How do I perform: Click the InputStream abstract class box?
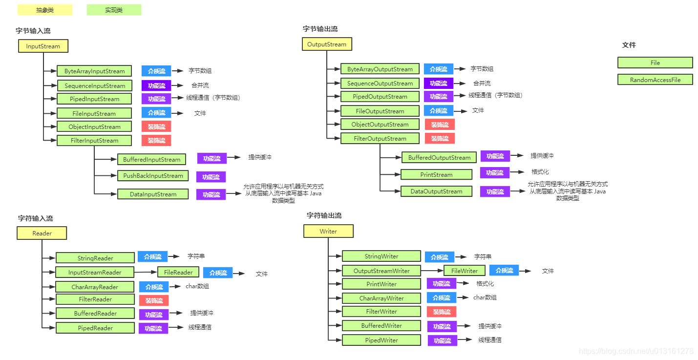pos(43,46)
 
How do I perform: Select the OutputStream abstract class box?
pos(327,44)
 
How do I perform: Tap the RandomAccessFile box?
pos(655,80)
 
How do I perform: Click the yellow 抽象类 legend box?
pos(45,10)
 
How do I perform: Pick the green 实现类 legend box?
pos(114,10)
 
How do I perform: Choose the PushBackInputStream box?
pos(153,176)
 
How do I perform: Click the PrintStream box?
pos(436,175)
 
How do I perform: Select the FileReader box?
pos(178,273)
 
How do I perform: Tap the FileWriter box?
pos(464,271)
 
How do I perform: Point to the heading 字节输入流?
pos(33,31)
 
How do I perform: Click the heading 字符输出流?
pos(324,215)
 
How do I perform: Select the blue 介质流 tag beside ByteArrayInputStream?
pos(156,71)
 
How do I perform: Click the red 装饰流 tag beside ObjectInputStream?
pos(156,127)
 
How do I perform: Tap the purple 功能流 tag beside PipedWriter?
pos(443,341)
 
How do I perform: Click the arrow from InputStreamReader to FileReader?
pos(146,272)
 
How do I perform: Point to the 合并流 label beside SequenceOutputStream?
pos(482,84)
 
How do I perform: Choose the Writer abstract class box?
pos(328,231)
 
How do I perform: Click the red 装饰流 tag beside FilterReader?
pos(154,300)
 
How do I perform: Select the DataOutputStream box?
pos(436,191)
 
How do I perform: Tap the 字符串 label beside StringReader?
pos(196,256)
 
